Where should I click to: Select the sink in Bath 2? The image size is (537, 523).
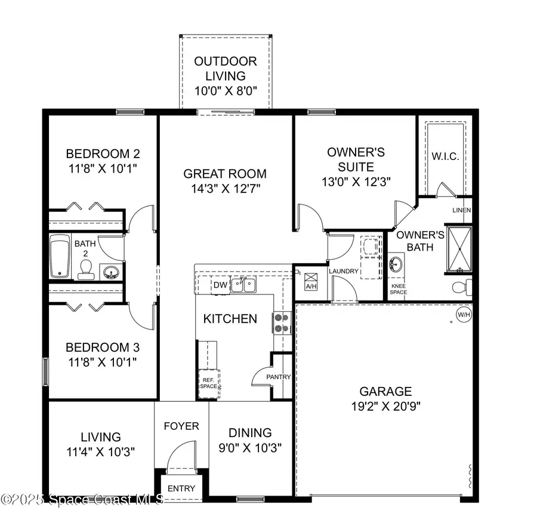110,273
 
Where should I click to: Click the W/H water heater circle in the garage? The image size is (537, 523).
463,315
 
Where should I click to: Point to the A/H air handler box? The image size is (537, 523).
311,281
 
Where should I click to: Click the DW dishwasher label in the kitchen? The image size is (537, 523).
221,285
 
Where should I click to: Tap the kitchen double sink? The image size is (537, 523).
243,285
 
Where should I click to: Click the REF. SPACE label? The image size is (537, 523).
209,382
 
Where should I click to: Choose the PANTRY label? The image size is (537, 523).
279,377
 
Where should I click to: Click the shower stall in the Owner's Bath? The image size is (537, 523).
459,250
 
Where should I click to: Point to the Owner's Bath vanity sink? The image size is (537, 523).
396,264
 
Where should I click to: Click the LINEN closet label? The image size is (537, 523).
462,210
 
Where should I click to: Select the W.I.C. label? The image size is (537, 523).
445,156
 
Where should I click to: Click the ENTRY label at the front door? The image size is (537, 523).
181,488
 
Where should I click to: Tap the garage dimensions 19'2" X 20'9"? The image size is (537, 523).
385,410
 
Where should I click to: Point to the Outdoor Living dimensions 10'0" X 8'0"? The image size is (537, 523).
226,91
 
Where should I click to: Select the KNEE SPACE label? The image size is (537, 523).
399,289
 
